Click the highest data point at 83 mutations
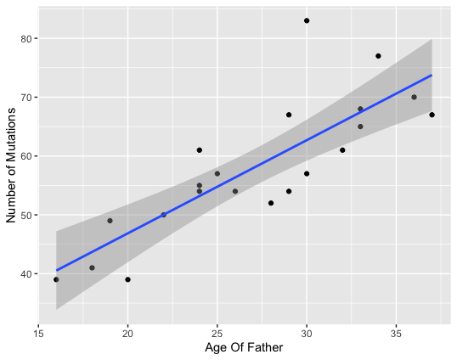307,20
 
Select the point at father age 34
378,56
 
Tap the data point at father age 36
414,97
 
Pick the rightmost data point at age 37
432,115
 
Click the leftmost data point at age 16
56,279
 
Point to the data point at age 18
92,267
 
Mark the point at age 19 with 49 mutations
110,221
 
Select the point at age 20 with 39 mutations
127,279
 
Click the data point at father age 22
163,215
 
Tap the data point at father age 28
271,203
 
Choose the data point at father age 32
342,150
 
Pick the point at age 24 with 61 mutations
200,150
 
